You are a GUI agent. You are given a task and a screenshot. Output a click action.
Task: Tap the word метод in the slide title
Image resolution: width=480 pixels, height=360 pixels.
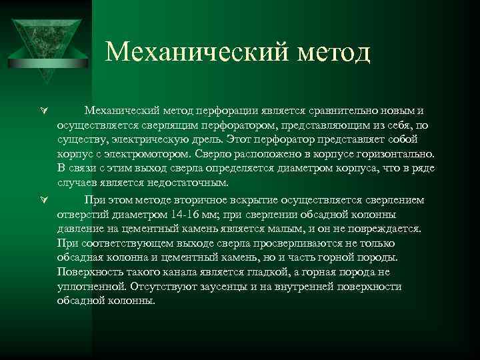coord(333,51)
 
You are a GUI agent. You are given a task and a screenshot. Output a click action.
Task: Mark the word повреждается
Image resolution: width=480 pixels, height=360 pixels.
coord(384,229)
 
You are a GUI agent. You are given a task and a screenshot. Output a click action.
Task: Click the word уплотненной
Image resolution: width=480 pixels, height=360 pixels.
coord(91,287)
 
